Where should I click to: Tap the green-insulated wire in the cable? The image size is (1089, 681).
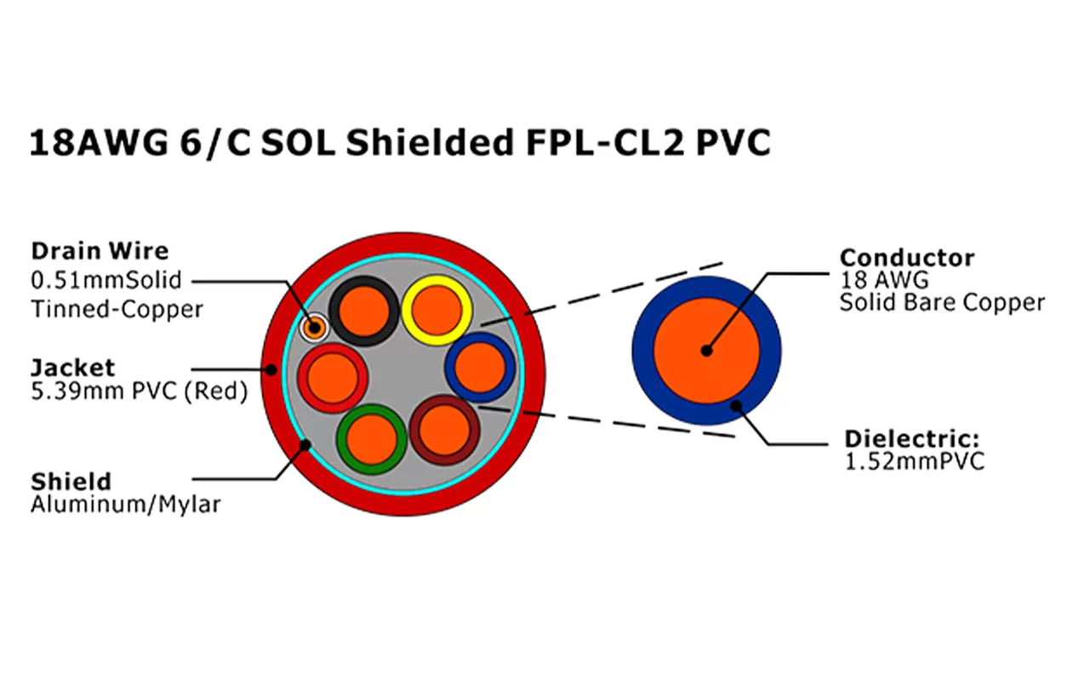pos(371,439)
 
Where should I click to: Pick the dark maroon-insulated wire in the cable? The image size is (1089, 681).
pos(444,430)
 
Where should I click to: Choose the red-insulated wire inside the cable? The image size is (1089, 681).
pos(333,378)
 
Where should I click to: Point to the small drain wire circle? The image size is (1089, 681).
pos(314,326)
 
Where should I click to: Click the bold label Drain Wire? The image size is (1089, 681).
pos(100,251)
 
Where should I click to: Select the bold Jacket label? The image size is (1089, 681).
pos(72,368)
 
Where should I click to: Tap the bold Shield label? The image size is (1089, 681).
pos(71,481)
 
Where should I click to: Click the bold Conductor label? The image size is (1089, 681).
pos(907,258)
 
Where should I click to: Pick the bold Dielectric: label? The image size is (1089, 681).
pos(912,440)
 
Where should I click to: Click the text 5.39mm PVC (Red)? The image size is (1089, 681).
pos(139,392)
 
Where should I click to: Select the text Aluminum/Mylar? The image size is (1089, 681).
pos(126,504)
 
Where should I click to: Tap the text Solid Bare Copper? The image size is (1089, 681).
pos(942,302)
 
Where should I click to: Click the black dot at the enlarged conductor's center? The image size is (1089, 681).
pos(706,350)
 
